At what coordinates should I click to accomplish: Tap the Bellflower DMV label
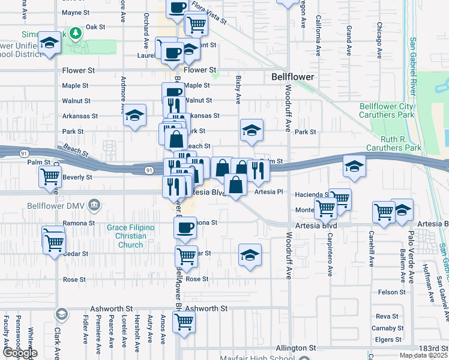(x=58, y=206)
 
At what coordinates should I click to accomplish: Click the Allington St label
(x=295, y=348)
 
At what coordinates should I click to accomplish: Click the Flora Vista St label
(x=208, y=12)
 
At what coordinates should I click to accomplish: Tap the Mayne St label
(x=75, y=12)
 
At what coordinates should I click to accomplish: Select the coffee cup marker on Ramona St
(x=185, y=227)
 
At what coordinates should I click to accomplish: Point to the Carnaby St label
(x=387, y=328)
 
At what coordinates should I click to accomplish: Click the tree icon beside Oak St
(x=76, y=32)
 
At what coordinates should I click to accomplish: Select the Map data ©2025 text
(x=423, y=355)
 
